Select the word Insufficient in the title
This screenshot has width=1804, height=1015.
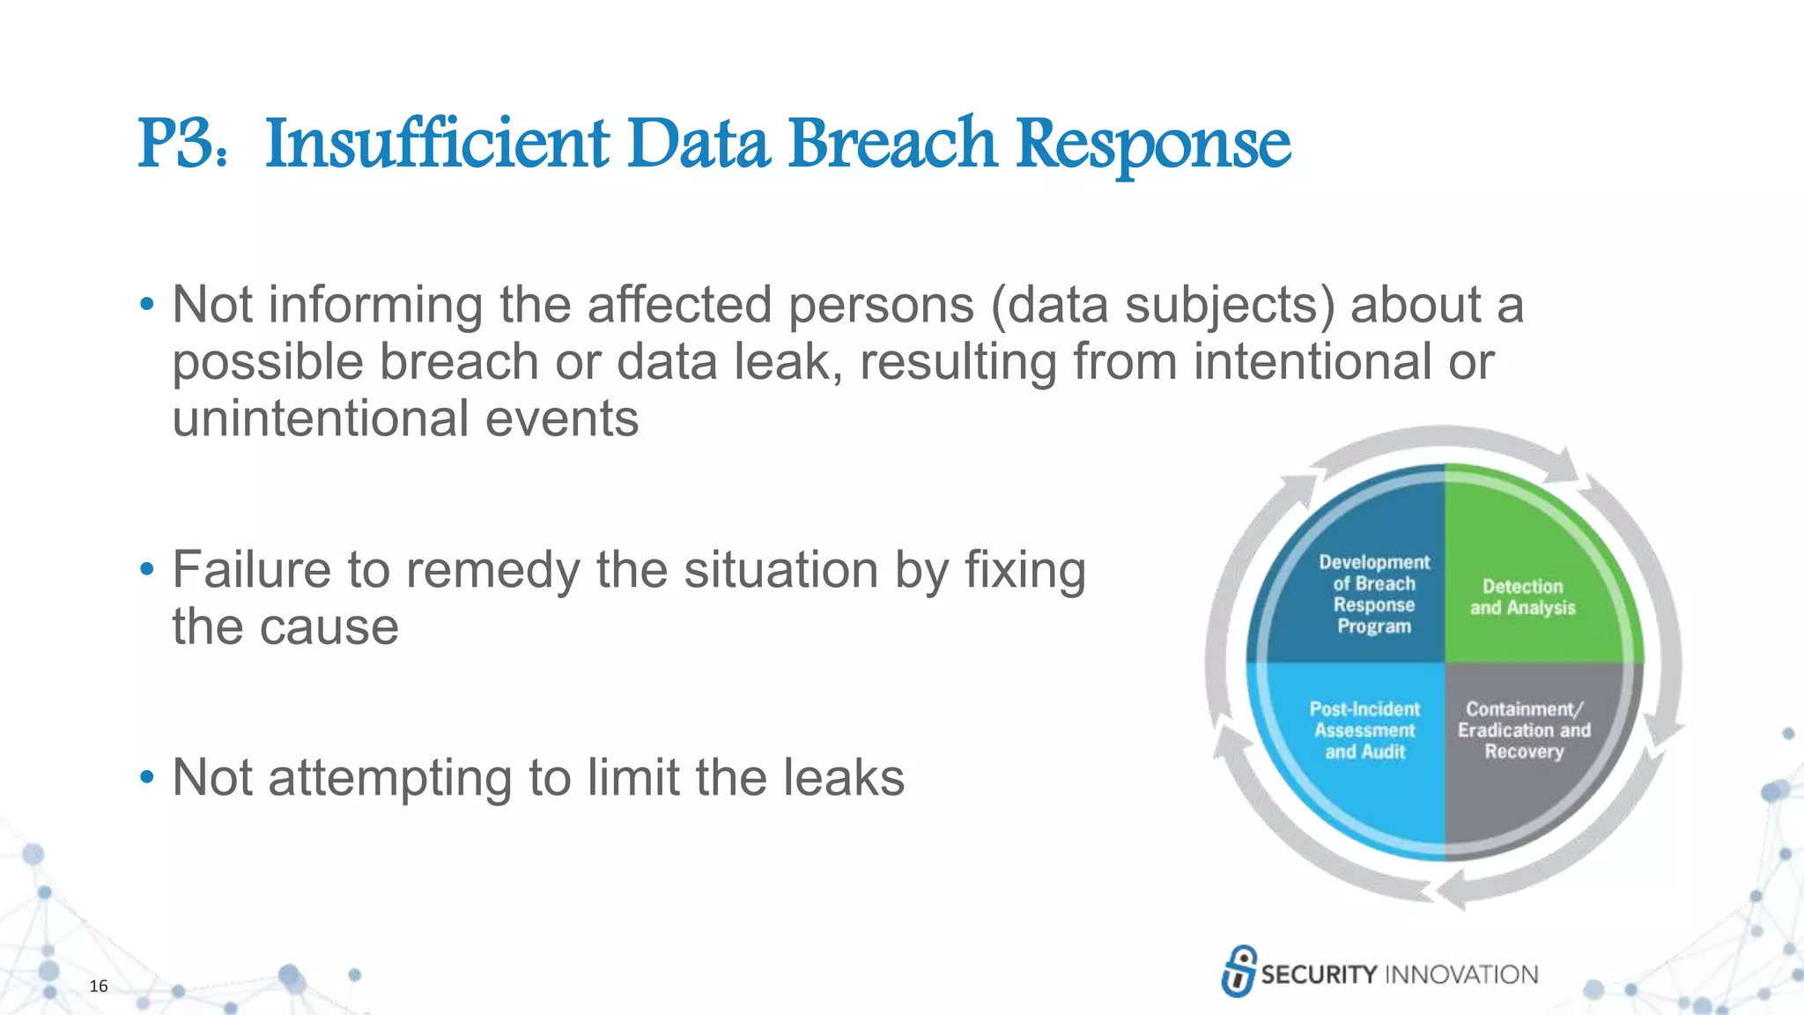437,144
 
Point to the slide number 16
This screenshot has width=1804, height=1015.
99,986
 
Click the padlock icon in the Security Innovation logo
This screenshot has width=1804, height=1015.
1238,971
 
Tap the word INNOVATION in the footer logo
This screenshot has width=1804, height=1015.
1461,974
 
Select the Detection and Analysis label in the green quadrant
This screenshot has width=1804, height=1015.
1522,597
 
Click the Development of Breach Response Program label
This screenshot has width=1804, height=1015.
1374,594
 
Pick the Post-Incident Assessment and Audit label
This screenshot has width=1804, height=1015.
1364,730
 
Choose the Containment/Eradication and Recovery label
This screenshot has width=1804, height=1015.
1524,730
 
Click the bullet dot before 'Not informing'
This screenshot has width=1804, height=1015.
147,306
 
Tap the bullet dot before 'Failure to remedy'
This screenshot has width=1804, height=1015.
147,570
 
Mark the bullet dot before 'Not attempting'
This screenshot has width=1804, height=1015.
147,778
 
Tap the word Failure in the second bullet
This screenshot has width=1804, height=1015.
251,569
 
